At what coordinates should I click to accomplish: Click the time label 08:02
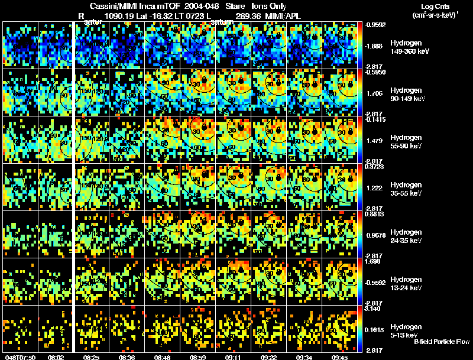pyautogui.click(x=56, y=357)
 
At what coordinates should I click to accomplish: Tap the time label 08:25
pyautogui.click(x=92, y=357)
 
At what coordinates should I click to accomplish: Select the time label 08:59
pyautogui.click(x=198, y=357)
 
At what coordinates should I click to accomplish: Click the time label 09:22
pyautogui.click(x=269, y=357)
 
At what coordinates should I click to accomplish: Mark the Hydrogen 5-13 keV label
pyautogui.click(x=406, y=330)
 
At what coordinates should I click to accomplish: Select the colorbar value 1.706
pyautogui.click(x=375, y=93)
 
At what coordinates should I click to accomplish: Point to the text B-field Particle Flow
pyautogui.click(x=442, y=342)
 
